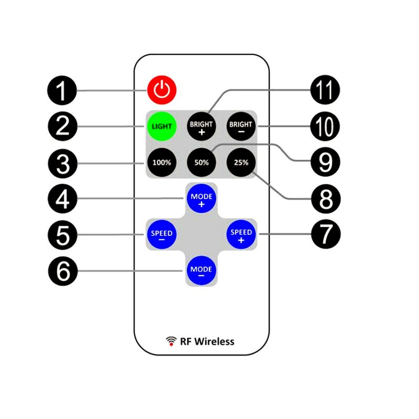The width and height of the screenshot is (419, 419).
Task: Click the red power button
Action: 162,90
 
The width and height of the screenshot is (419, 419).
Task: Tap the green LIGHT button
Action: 162,126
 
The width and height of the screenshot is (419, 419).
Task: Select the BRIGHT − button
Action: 241,126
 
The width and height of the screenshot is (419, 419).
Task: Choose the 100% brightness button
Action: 162,162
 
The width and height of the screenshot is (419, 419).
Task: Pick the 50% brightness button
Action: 202,162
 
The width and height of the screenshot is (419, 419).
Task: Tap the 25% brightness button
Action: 241,162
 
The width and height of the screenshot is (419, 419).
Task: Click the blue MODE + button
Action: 202,199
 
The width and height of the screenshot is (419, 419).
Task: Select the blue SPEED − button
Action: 162,234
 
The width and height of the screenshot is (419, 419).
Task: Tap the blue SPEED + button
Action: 241,234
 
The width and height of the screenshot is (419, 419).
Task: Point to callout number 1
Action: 62,90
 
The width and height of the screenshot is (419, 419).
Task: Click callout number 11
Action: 325,90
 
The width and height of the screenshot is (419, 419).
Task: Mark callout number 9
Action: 325,162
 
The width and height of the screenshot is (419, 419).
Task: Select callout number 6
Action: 63,271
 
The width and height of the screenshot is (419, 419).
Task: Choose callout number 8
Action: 326,199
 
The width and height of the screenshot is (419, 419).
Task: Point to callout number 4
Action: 62,199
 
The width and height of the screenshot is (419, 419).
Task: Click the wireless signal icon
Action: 171,341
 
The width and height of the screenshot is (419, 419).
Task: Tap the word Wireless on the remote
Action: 214,341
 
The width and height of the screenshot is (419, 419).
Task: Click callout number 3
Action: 63,163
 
